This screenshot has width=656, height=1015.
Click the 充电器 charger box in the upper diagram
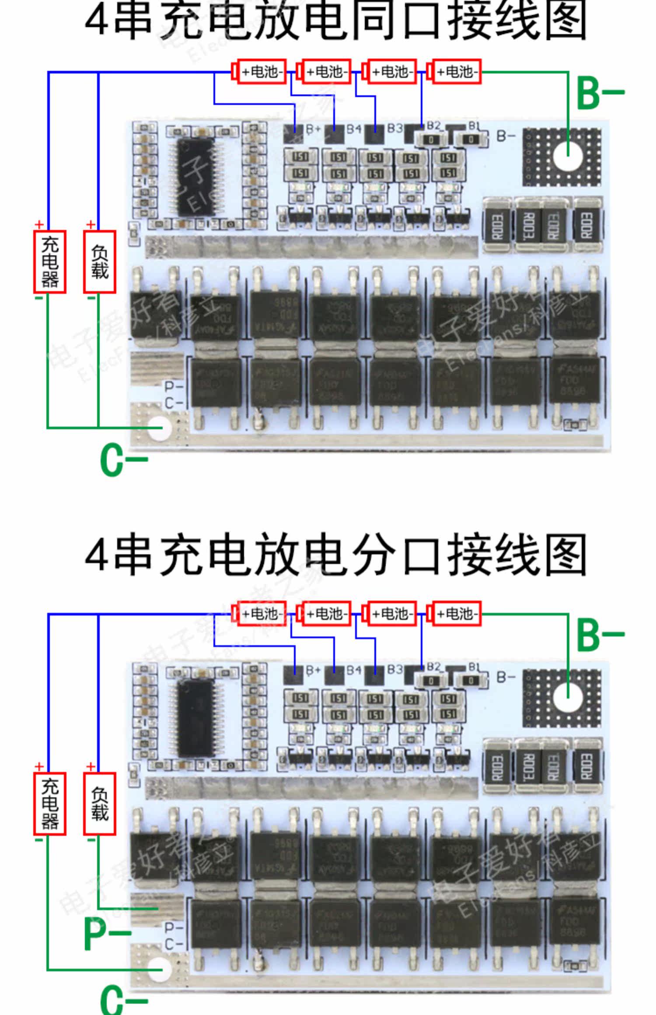click(50, 262)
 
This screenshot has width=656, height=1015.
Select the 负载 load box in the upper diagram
click(100, 262)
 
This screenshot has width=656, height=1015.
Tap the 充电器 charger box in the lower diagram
click(50, 804)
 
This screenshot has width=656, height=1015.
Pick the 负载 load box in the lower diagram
click(100, 804)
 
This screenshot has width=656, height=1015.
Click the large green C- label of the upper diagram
click(123, 460)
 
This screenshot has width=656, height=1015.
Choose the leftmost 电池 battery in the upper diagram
click(261, 72)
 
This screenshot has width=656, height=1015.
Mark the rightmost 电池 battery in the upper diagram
click(456, 72)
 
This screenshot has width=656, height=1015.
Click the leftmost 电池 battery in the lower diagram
click(261, 614)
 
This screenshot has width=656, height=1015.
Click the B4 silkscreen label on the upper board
click(354, 129)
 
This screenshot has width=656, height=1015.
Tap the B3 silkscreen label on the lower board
click(395, 669)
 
